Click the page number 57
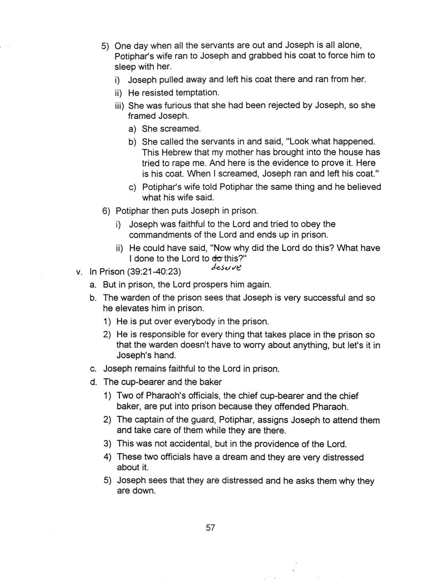click(210, 527)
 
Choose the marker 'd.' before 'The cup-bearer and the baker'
click(94, 382)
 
